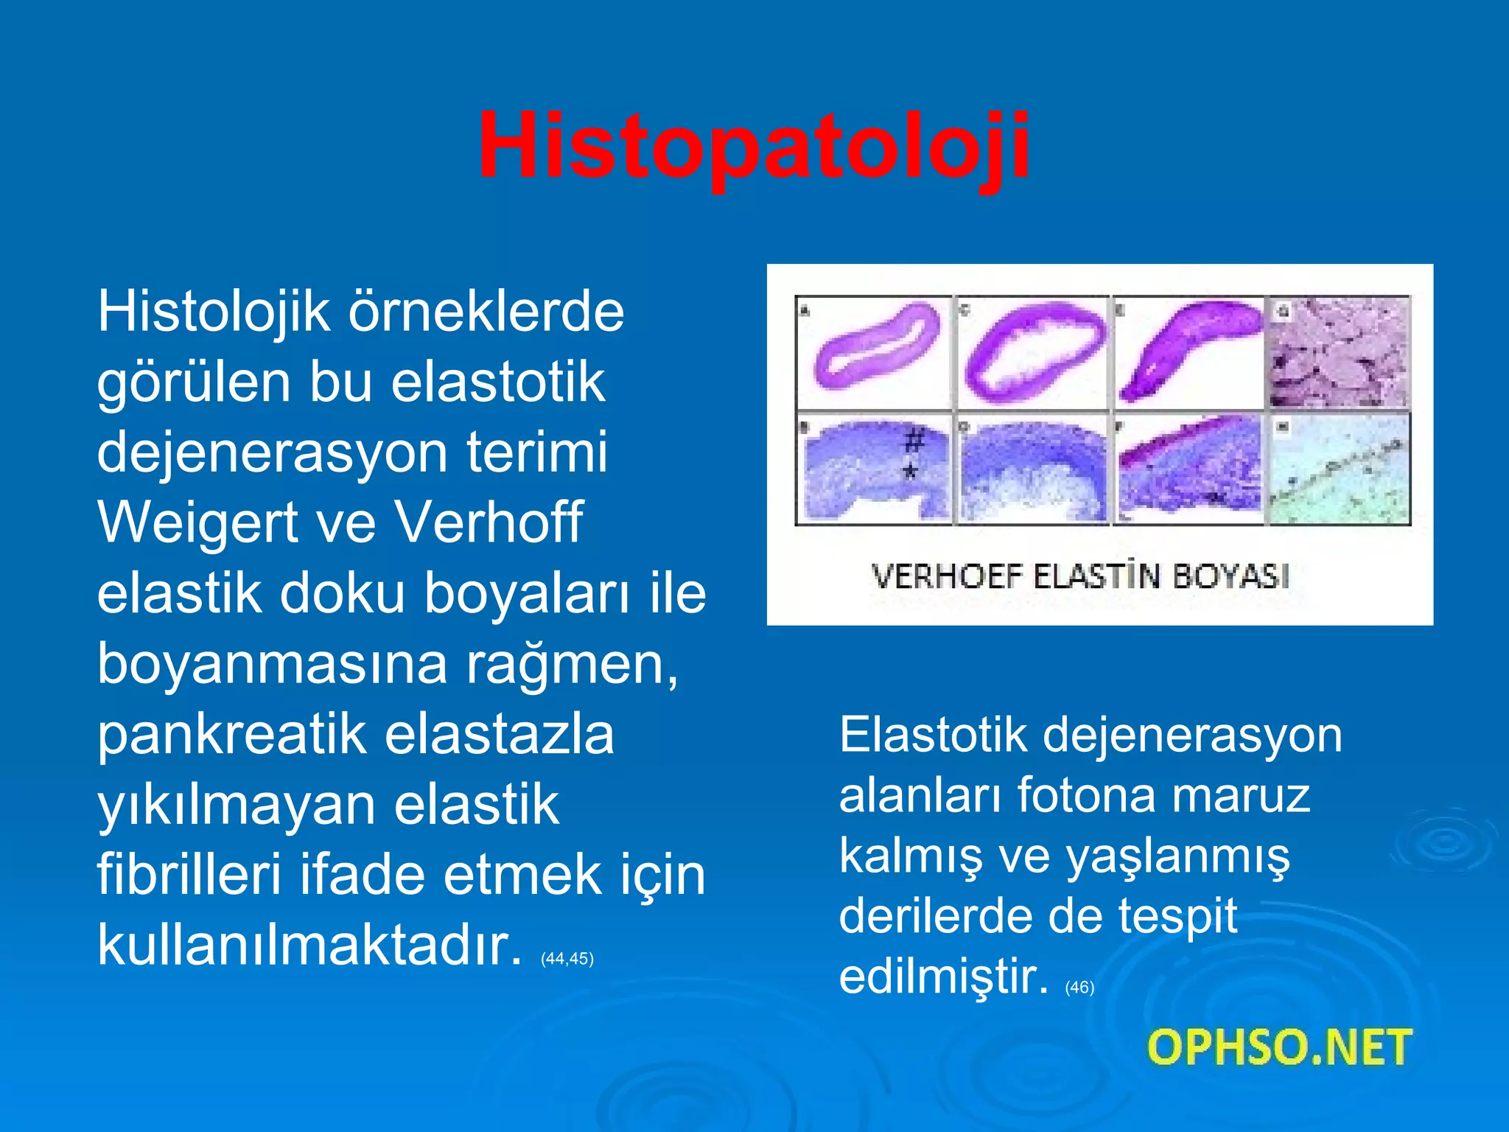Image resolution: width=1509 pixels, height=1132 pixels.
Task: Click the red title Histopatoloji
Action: tap(753, 146)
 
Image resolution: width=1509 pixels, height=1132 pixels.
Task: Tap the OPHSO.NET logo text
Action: tap(1279, 1047)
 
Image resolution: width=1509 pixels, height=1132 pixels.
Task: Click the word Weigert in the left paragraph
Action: tap(197, 523)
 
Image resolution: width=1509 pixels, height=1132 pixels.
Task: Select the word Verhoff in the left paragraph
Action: tap(489, 523)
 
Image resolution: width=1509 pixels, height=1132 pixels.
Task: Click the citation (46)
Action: tap(1079, 988)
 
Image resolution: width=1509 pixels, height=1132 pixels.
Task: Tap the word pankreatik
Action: tap(232, 735)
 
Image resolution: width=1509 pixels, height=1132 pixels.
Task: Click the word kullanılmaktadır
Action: tap(309, 945)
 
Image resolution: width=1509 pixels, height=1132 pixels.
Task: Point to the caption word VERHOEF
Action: tap(948, 576)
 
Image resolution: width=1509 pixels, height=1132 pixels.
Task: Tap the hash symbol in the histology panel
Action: tap(914, 441)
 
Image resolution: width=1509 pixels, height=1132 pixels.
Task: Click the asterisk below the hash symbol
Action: tap(911, 471)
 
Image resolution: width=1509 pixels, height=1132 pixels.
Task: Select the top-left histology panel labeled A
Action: tap(875, 352)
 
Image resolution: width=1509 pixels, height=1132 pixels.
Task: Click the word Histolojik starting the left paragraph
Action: tap(214, 312)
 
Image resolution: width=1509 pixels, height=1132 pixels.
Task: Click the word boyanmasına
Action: tap(273, 664)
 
